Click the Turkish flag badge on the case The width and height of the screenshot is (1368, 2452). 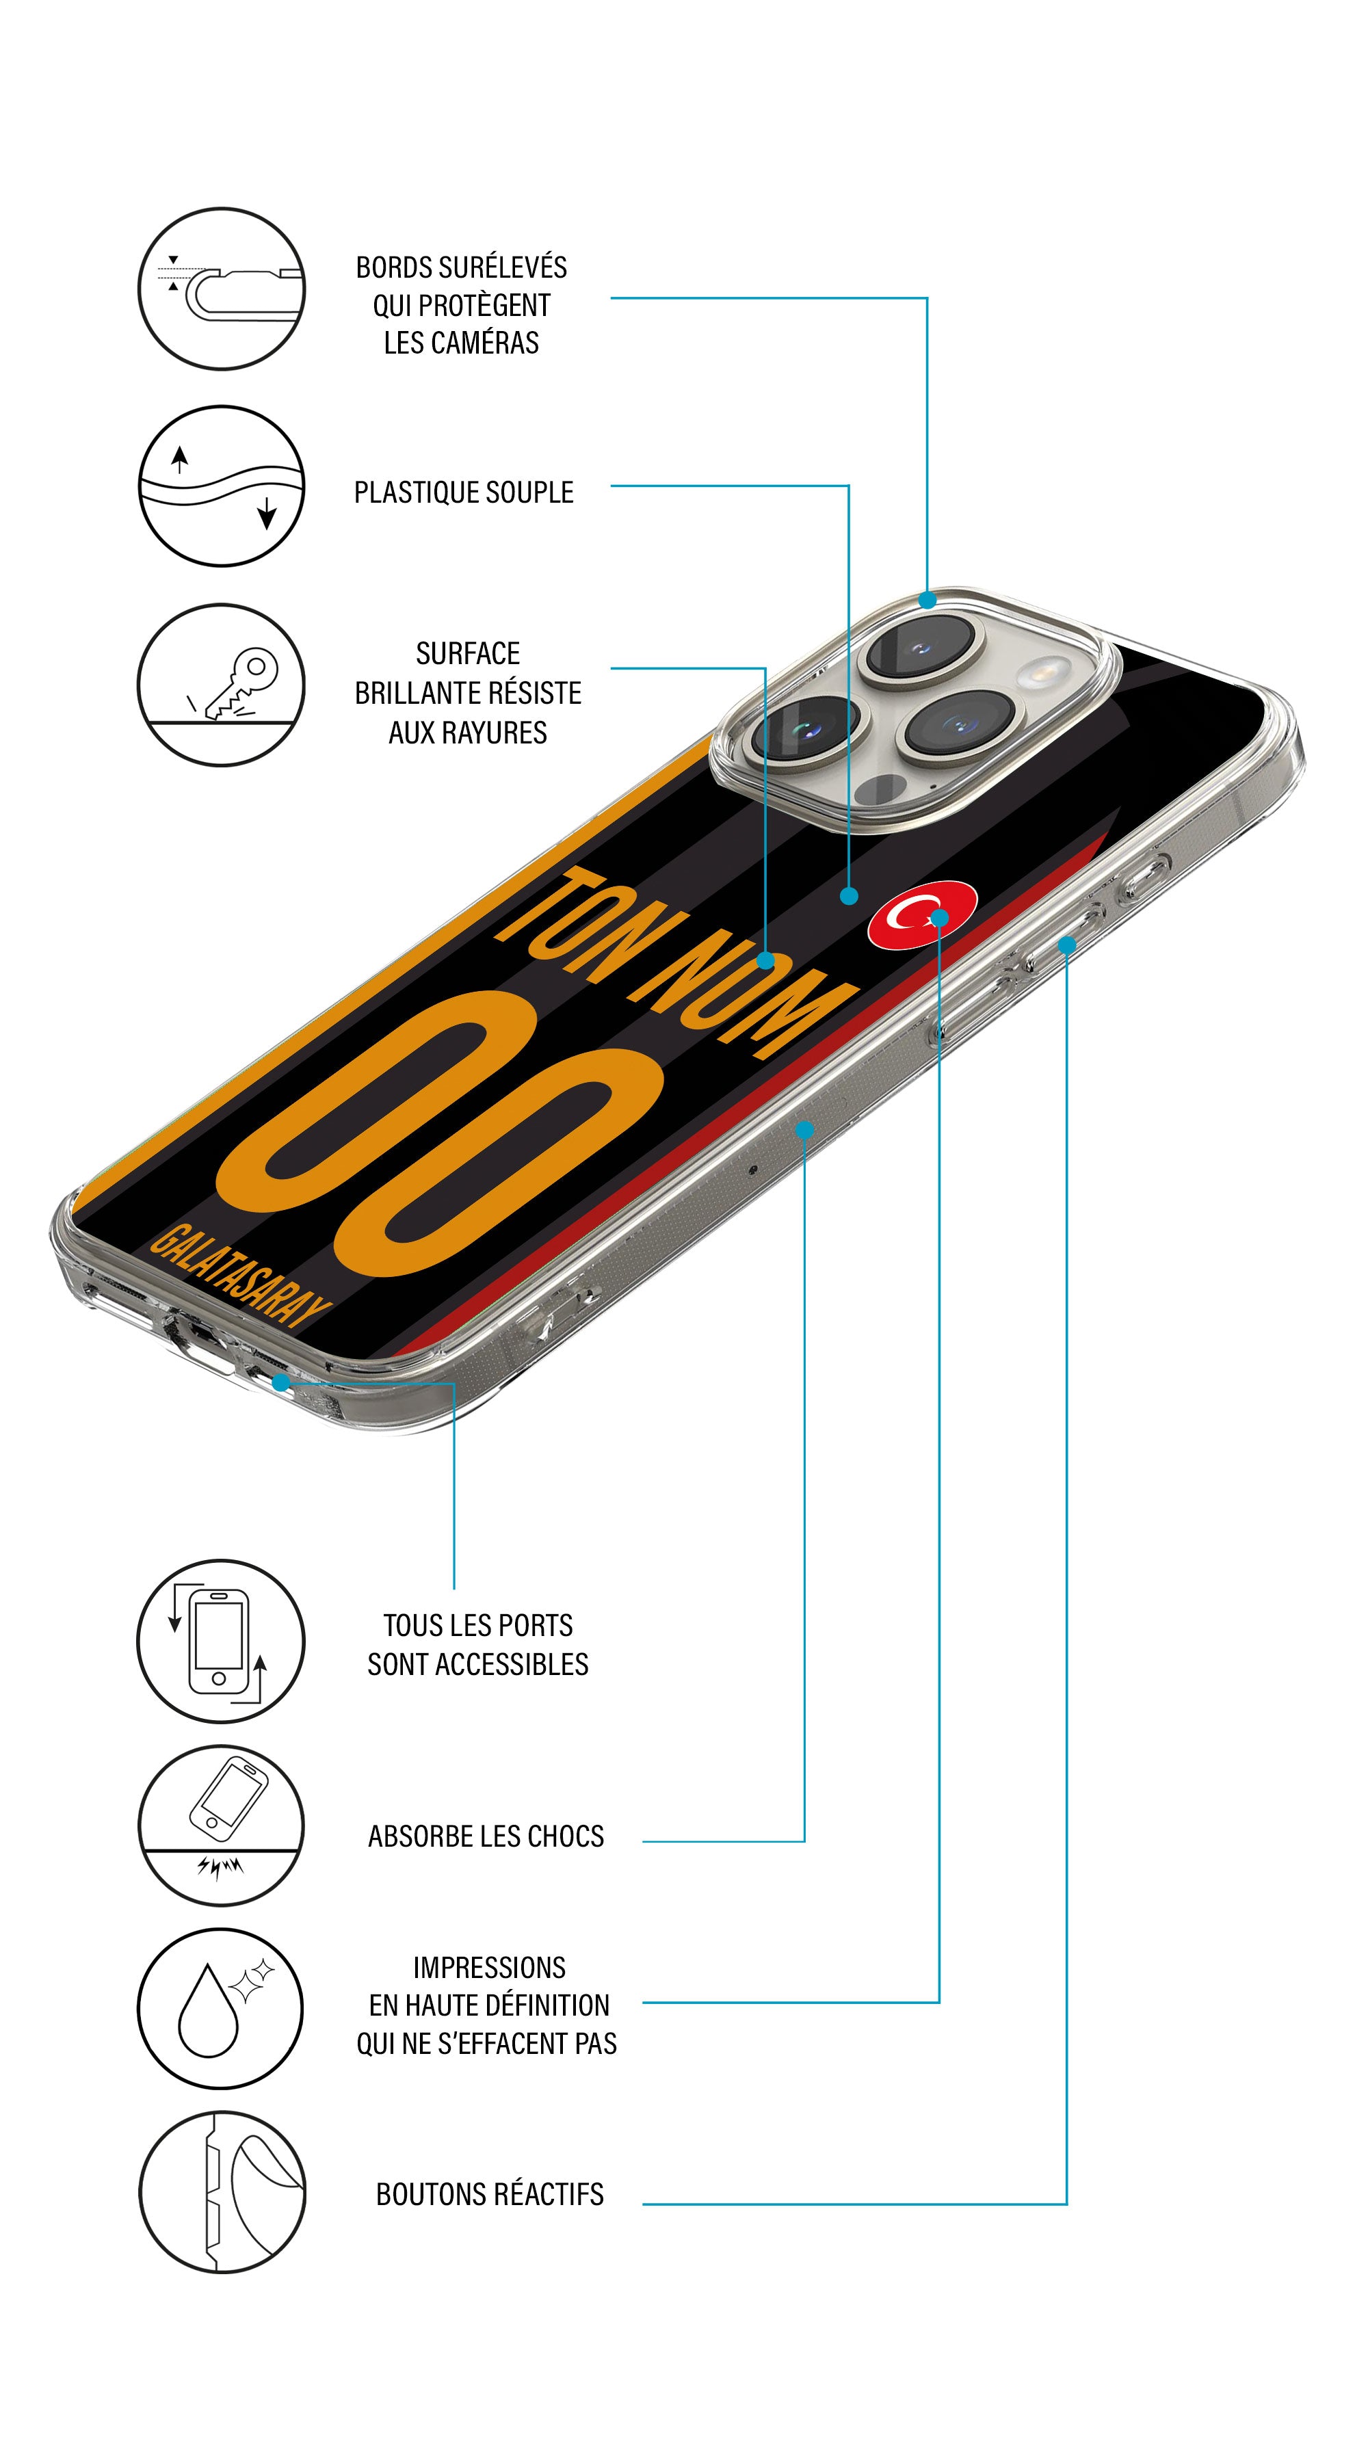point(921,914)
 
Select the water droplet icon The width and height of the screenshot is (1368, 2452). point(221,2008)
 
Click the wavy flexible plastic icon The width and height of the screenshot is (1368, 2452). point(221,486)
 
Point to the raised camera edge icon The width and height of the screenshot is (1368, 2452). point(221,289)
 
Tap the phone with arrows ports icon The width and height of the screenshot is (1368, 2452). point(221,1641)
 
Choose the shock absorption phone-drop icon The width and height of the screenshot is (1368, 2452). point(221,1825)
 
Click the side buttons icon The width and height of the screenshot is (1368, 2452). point(221,2192)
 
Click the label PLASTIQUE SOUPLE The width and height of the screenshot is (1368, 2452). point(464,492)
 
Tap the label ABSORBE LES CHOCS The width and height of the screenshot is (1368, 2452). point(486,1836)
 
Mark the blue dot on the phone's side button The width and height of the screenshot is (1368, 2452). point(1066,945)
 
